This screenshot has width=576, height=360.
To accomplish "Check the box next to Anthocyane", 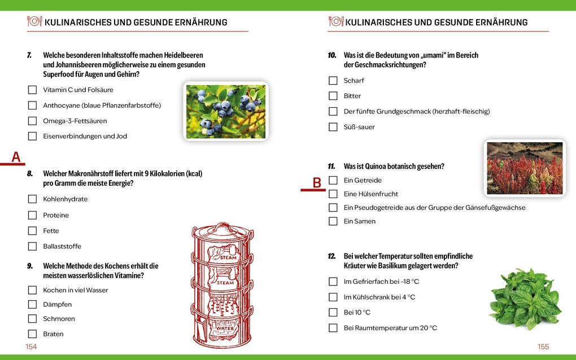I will [x=32, y=106].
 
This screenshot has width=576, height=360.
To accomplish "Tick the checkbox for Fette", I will [x=32, y=231].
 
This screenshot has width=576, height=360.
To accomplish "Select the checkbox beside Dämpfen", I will [x=32, y=305].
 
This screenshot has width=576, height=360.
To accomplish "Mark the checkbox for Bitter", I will [x=333, y=96].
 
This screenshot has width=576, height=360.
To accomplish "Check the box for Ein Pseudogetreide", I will [x=333, y=208].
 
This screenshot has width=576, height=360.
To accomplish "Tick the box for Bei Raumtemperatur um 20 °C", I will [x=333, y=328].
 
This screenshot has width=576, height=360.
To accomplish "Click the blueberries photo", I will [x=225, y=111].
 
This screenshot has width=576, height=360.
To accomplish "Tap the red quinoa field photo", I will [x=525, y=168].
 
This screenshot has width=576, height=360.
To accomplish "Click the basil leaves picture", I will [x=525, y=298].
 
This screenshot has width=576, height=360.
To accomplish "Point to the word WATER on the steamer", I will [x=224, y=328].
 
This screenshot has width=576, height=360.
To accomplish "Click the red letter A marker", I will [x=16, y=157].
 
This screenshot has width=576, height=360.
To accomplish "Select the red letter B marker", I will [x=317, y=183].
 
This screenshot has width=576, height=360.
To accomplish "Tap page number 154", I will [x=31, y=347].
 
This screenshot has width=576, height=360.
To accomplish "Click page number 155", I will [x=543, y=347].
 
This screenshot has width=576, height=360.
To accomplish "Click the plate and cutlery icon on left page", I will [x=34, y=21].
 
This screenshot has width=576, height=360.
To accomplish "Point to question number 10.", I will [x=332, y=55].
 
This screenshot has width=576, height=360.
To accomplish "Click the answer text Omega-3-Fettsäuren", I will [x=75, y=121].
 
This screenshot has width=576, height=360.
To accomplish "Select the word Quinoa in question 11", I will [x=376, y=166].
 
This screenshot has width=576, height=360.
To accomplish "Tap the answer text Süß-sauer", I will [x=359, y=127].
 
